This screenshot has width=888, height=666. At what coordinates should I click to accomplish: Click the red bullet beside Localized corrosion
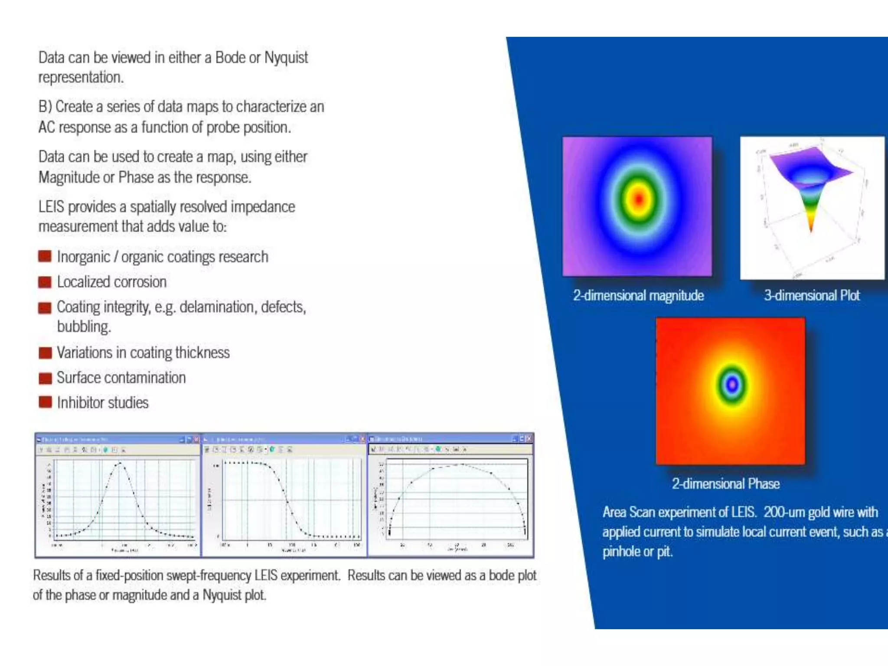click(45, 282)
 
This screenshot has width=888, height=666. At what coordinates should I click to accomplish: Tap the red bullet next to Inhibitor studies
click(45, 402)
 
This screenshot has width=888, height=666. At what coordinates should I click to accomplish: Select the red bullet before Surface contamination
click(45, 378)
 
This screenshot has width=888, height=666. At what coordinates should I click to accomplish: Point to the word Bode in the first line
click(230, 58)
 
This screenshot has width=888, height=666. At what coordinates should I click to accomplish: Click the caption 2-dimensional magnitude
click(638, 296)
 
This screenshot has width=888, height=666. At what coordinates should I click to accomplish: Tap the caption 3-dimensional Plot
click(812, 296)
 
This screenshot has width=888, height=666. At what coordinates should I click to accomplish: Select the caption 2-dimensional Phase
click(725, 484)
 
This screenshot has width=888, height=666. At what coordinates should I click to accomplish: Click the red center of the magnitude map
click(639, 199)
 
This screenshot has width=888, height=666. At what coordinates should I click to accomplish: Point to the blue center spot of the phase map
click(732, 384)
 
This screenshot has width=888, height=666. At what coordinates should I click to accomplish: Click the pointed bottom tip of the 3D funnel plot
click(811, 231)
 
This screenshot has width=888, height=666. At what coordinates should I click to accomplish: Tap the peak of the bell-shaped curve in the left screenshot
click(120, 464)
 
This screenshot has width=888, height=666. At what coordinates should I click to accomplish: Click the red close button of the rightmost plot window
click(529, 439)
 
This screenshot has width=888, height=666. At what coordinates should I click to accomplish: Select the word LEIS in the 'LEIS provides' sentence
click(51, 207)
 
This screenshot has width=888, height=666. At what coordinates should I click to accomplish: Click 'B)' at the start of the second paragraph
click(45, 107)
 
